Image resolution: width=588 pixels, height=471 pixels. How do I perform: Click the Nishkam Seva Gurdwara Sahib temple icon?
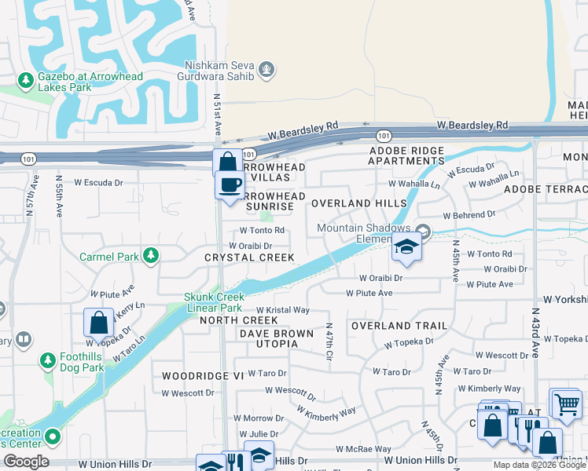click(267, 70)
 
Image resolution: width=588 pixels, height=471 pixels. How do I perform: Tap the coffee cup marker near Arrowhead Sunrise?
click(230, 185)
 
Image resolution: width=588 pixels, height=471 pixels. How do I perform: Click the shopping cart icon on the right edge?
click(565, 404)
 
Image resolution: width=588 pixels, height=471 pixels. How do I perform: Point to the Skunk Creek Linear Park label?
click(215, 302)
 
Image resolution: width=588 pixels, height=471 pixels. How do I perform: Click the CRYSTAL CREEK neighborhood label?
click(249, 257)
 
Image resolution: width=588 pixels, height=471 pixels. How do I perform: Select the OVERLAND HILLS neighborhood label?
click(358, 203)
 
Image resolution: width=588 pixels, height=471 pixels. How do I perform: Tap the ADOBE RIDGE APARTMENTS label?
click(406, 155)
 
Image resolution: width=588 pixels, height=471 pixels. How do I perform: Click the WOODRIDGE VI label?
click(203, 376)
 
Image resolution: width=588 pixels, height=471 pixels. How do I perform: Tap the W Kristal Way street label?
click(281, 310)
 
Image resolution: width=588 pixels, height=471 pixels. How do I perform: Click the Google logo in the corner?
click(26, 462)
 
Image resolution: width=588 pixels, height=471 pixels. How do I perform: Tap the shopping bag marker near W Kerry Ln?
click(98, 322)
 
